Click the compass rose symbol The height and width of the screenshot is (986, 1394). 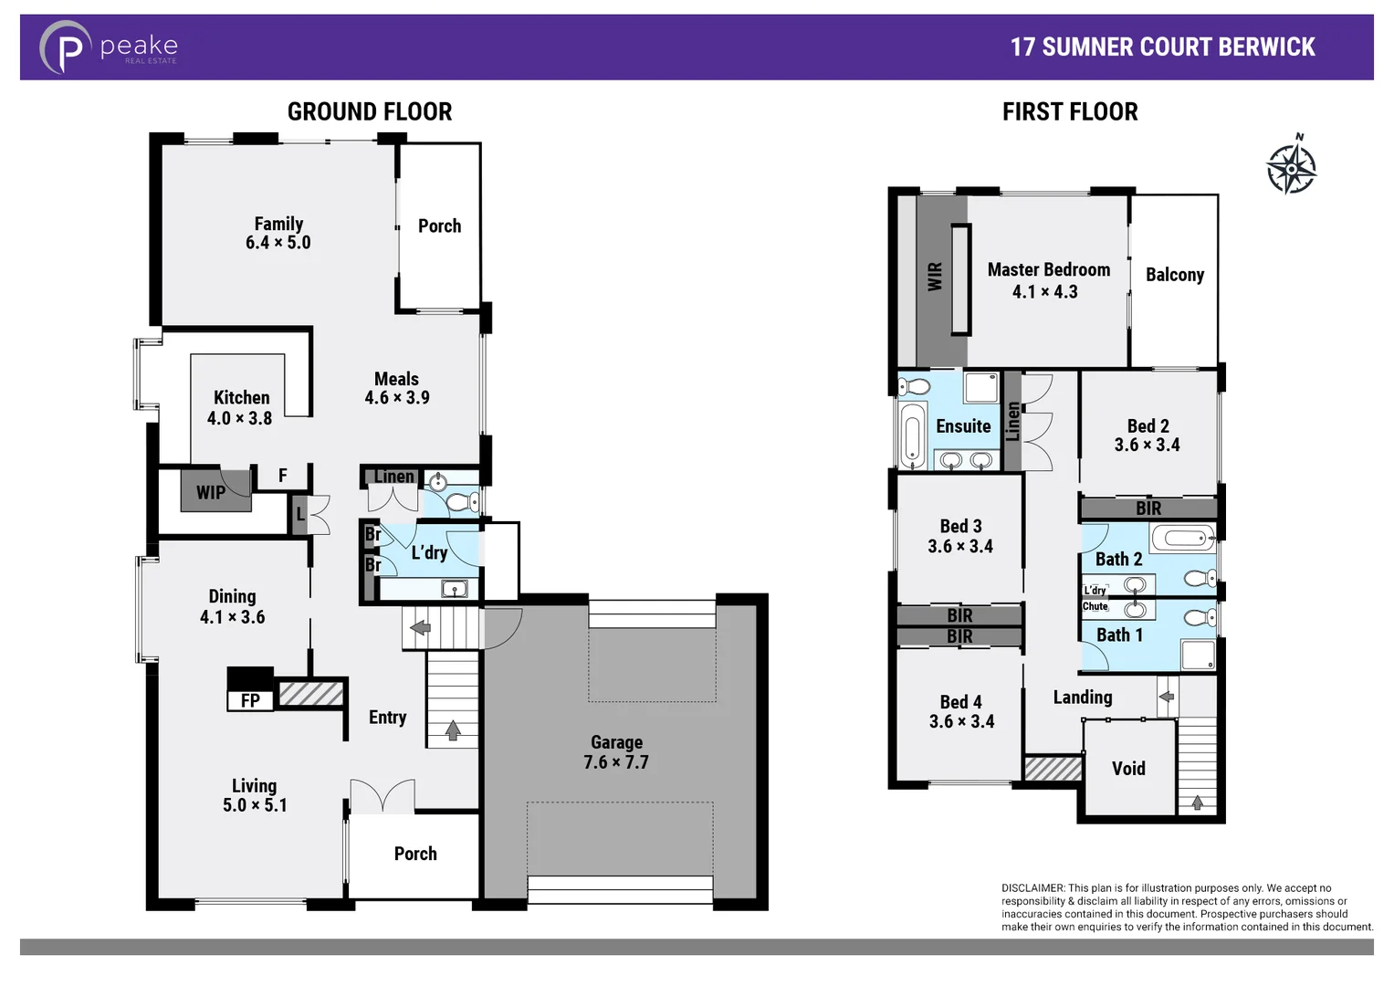[x=1291, y=167]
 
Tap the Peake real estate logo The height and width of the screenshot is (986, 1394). [x=108, y=47]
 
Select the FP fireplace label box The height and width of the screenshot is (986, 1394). [x=250, y=700]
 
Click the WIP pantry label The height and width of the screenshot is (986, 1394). [x=211, y=492]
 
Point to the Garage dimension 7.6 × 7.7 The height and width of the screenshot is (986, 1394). [x=616, y=762]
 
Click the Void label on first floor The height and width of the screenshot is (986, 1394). [x=1128, y=769]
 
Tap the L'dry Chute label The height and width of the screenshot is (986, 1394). [x=1095, y=598]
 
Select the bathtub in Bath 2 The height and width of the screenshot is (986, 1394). [x=1182, y=537]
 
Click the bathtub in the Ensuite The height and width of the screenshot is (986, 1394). [x=912, y=435]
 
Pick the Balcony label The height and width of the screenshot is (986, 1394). [x=1174, y=275]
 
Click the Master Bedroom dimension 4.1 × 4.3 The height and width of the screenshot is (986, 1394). [x=1044, y=292]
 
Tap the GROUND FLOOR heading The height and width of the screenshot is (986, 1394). [x=370, y=111]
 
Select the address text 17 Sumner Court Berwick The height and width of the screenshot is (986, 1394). [x=1162, y=47]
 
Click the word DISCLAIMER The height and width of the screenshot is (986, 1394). [x=1032, y=887]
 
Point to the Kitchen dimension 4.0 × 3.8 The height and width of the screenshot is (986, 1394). [x=239, y=418]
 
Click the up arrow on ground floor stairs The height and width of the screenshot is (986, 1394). [x=453, y=729]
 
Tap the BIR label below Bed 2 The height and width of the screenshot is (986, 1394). [x=1148, y=509]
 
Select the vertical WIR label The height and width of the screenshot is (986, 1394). [x=935, y=277]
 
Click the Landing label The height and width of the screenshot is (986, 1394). [x=1083, y=698]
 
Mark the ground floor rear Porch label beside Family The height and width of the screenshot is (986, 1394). [x=439, y=226]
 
